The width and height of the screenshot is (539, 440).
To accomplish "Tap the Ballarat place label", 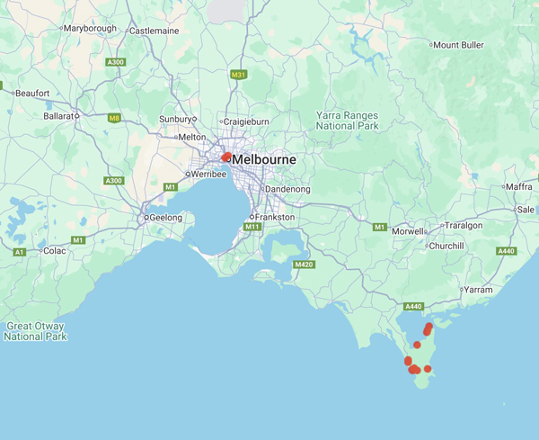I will point(59,115).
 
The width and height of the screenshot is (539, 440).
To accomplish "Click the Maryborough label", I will point(91,29).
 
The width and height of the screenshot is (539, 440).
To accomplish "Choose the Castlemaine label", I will point(155,30).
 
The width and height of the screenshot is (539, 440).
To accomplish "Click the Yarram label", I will point(480,290).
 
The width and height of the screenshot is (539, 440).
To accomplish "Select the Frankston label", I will point(275,218).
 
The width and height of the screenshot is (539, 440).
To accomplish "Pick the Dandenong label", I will point(287,190).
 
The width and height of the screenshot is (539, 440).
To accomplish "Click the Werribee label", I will point(210,174).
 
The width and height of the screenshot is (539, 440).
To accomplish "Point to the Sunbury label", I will point(175,118).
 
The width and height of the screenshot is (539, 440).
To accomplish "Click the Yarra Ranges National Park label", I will point(348,121).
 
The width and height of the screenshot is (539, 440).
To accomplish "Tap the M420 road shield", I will point(303,265).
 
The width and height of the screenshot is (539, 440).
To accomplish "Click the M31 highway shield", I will point(238,75).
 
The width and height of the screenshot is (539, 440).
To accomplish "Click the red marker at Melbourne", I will point(226,157).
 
